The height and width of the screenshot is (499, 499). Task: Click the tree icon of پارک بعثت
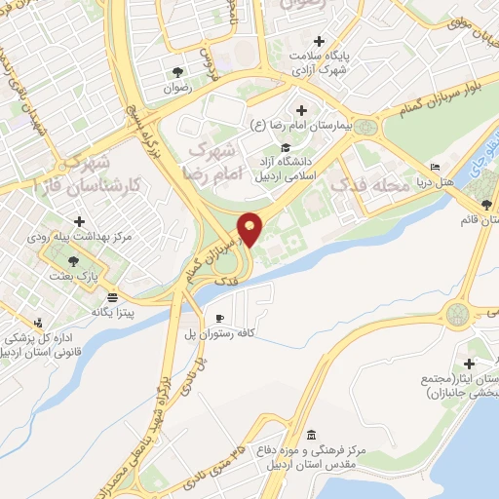coord(74,260)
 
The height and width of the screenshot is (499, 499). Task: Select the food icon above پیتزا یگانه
coord(113,296)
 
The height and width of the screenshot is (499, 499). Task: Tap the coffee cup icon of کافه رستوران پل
coord(219,319)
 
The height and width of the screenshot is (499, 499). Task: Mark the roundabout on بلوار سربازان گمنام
coord(365,127)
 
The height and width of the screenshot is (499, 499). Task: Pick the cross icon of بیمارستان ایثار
coord(471,363)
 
